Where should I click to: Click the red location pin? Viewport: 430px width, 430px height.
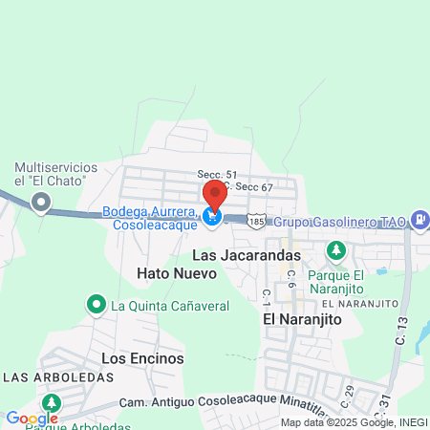click(x=214, y=195)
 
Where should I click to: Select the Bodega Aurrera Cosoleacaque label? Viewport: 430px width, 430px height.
click(x=151, y=217)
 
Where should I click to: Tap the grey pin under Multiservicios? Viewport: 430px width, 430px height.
click(x=41, y=202)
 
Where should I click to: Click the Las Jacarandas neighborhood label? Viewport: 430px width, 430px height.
click(x=247, y=255)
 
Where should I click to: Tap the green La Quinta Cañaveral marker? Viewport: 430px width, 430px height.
click(x=96, y=306)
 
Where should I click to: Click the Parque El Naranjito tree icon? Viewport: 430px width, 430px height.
click(x=335, y=250)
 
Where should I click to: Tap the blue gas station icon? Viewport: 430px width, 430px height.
click(x=419, y=220)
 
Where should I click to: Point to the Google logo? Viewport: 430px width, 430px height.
click(x=32, y=418)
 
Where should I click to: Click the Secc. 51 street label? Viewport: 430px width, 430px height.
click(x=217, y=175)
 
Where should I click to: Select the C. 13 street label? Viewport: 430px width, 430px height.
click(x=400, y=331)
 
